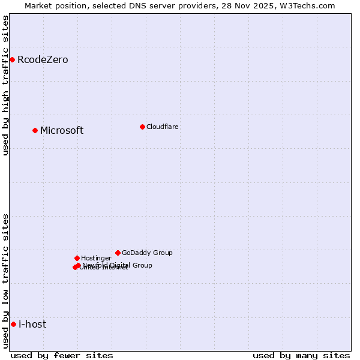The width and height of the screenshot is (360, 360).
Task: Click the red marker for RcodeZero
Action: coord(12,59)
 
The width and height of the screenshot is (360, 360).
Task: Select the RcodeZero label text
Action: coord(43,60)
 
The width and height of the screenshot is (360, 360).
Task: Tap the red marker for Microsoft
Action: coord(35,130)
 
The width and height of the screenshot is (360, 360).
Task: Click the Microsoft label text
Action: coord(62,131)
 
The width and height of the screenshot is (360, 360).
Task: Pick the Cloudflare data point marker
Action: coord(142,127)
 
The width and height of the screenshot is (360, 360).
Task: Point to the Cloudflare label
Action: coord(163,127)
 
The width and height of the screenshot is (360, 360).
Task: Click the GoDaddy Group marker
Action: coord(118,253)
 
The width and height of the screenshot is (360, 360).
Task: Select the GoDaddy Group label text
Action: coord(147,253)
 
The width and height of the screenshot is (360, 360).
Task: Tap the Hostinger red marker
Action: coord(77,258)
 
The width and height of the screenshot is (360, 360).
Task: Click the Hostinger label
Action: coord(96,259)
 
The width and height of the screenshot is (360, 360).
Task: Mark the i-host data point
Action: coord(13,324)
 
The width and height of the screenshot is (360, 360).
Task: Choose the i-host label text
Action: coord(32,325)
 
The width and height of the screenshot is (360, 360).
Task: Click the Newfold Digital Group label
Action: coord(118,265)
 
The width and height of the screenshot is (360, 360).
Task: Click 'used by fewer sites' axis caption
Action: coord(62,355)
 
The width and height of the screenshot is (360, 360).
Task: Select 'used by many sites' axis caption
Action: coord(301,355)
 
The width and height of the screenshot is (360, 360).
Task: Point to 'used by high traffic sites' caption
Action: coord(6,85)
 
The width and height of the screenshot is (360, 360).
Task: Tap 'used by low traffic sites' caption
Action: coord(6,280)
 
